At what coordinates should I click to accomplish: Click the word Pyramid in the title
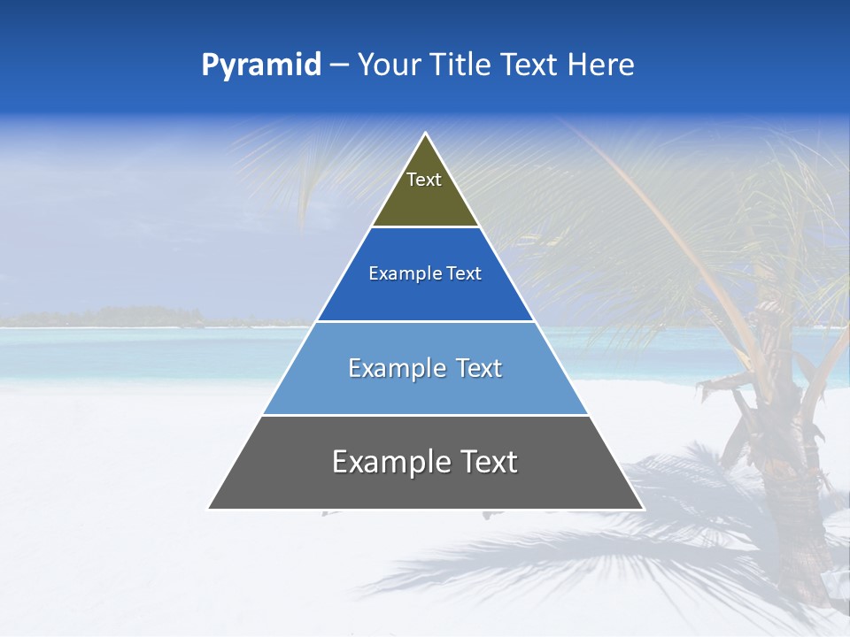tap(260, 65)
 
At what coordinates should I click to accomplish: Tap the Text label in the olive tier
tap(424, 180)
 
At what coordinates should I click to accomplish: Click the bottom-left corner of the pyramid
tap(209, 509)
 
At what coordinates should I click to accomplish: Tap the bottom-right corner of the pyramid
tap(643, 509)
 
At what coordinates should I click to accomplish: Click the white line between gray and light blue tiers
tap(425, 415)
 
